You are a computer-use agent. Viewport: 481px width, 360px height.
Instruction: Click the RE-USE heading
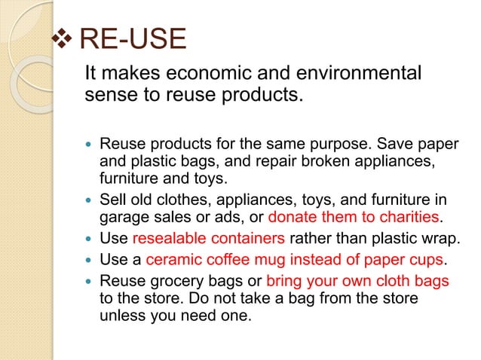(x=132, y=40)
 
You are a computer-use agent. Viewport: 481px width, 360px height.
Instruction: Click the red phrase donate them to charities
(x=354, y=218)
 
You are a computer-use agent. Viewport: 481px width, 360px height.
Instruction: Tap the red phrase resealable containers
(x=208, y=239)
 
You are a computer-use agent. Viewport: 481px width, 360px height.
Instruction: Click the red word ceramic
(x=172, y=261)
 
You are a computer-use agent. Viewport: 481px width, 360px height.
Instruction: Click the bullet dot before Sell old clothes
(x=89, y=200)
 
